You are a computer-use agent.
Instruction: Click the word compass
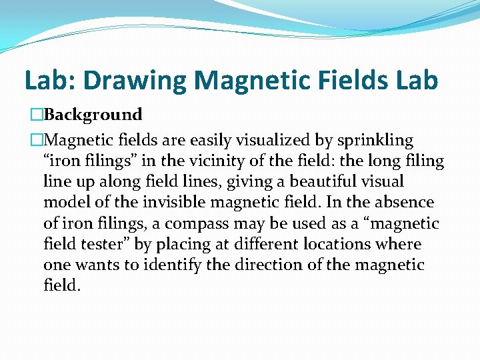[193, 223]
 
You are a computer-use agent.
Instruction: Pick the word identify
[151, 265]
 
